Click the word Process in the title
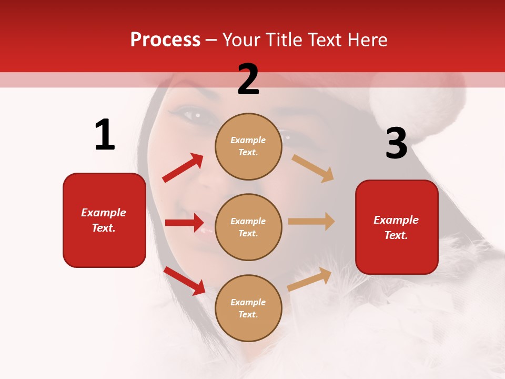pyautogui.click(x=165, y=40)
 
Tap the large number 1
pyautogui.click(x=105, y=135)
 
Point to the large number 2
pyautogui.click(x=248, y=79)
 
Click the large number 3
pyautogui.click(x=396, y=144)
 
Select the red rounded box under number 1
pyautogui.click(x=104, y=220)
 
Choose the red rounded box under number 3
pyautogui.click(x=397, y=227)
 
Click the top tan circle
pyautogui.click(x=248, y=146)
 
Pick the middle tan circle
pyautogui.click(x=248, y=227)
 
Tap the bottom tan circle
pyautogui.click(x=248, y=308)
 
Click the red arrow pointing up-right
pyautogui.click(x=183, y=167)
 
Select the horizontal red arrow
pyautogui.click(x=184, y=223)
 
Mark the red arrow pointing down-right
pyautogui.click(x=184, y=281)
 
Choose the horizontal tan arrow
pyautogui.click(x=311, y=221)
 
